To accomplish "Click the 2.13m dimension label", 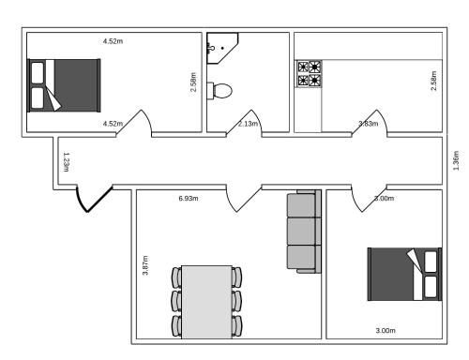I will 249,124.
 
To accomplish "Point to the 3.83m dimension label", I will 368,124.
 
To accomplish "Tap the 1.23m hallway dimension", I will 66,161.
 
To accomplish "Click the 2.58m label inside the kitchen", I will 432,81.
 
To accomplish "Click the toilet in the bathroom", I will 222,91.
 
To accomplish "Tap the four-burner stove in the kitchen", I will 309,74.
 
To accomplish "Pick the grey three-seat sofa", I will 303,232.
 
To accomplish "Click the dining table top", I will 206,300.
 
